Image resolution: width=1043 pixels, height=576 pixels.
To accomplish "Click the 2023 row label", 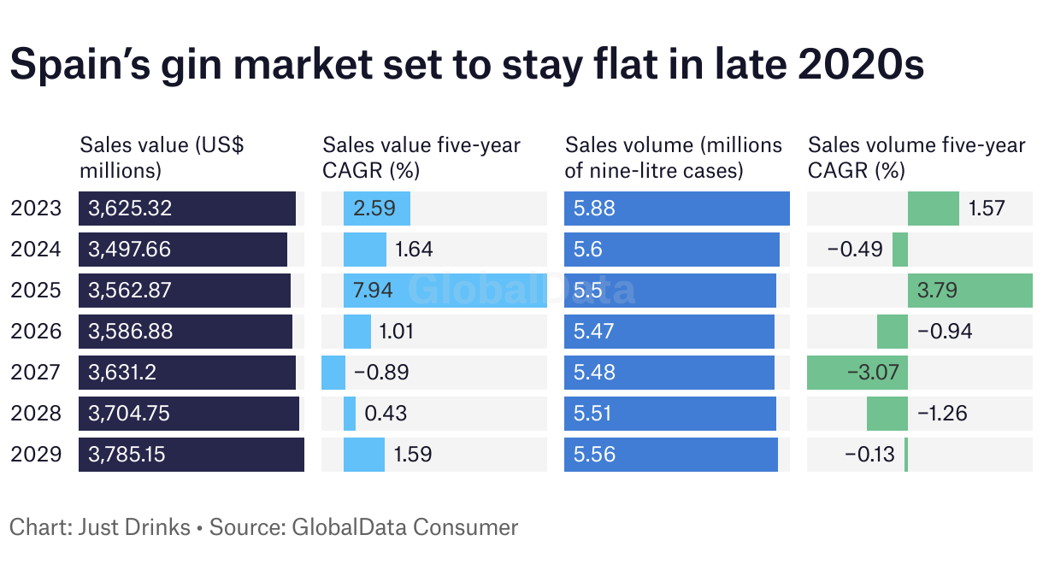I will (36, 209).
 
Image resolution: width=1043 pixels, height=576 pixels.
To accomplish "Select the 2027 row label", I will (36, 373).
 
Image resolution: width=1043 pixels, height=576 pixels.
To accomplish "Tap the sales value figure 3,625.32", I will (129, 209).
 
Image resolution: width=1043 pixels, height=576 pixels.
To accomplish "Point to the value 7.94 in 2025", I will (373, 291).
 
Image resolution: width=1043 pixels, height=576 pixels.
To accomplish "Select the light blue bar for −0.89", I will (333, 373).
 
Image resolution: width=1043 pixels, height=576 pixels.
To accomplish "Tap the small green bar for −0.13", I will (906, 455).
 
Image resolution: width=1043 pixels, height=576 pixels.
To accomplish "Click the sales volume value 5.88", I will (595, 209).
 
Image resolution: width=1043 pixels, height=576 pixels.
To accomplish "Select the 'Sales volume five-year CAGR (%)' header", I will (916, 157).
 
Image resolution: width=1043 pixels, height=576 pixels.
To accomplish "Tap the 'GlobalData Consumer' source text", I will (405, 526).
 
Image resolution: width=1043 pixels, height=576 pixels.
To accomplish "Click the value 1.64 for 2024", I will (414, 250).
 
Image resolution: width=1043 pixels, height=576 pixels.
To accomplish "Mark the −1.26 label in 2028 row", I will (942, 414).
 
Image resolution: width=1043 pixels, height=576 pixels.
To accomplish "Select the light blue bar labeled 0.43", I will (350, 414).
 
